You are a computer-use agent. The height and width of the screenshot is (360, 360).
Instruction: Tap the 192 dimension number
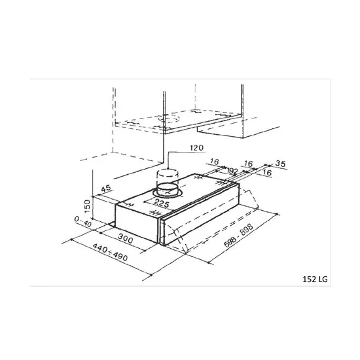click(232, 170)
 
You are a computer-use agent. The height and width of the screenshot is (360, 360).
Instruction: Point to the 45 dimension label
click(104, 190)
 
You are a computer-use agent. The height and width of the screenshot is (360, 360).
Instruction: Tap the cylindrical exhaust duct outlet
click(168, 179)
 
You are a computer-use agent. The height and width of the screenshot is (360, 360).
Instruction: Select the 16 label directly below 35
click(266, 171)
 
